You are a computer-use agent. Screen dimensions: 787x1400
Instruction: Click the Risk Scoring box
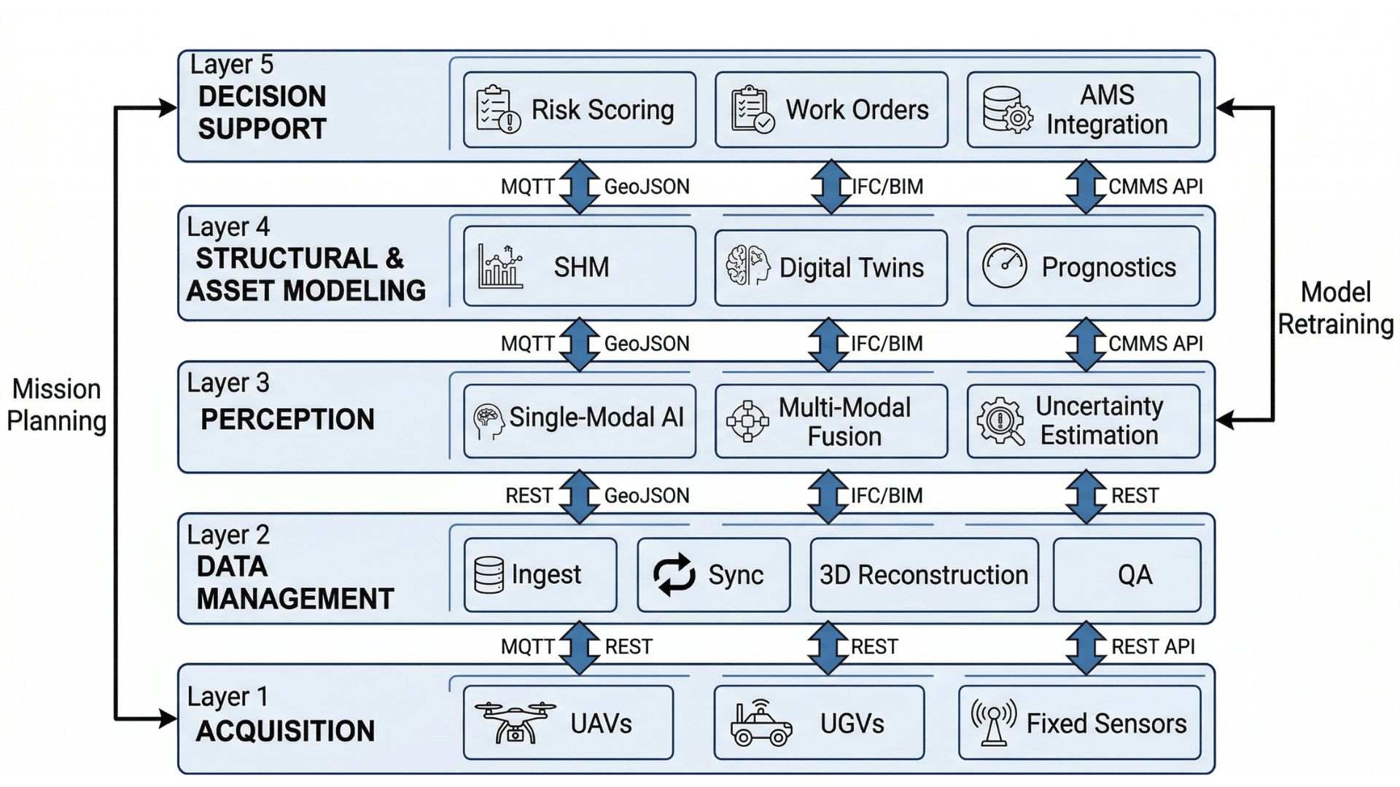pyautogui.click(x=580, y=110)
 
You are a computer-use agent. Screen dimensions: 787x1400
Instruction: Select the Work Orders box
pyautogui.click(x=831, y=110)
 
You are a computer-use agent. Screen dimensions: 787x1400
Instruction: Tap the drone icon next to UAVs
pyautogui.click(x=515, y=722)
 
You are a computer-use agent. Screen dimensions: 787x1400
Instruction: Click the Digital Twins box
pyautogui.click(x=831, y=267)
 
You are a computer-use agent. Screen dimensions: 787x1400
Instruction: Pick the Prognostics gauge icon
pyautogui.click(x=1004, y=266)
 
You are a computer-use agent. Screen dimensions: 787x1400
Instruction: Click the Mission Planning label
pyautogui.click(x=56, y=405)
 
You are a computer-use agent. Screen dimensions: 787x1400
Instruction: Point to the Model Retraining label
pyautogui.click(x=1335, y=308)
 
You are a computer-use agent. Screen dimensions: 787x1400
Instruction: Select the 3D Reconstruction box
pyautogui.click(x=924, y=575)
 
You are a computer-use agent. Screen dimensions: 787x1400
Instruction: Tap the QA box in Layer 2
pyautogui.click(x=1127, y=575)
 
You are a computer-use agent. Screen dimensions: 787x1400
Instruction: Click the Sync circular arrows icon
pyautogui.click(x=674, y=574)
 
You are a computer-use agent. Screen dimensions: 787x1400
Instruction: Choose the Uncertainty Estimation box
pyautogui.click(x=1083, y=420)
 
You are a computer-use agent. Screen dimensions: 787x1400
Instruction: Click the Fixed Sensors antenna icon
pyautogui.click(x=994, y=722)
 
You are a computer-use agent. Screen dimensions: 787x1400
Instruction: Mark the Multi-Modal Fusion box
pyautogui.click(x=831, y=421)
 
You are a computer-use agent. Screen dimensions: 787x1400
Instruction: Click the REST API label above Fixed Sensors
pyautogui.click(x=1152, y=646)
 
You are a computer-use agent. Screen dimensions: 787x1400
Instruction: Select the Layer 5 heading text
pyautogui.click(x=232, y=65)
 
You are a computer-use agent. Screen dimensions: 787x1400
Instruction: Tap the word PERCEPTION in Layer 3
pyautogui.click(x=287, y=420)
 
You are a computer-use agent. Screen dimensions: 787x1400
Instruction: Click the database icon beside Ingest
pyautogui.click(x=489, y=575)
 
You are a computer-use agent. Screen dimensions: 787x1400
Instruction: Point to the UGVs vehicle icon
pyautogui.click(x=761, y=724)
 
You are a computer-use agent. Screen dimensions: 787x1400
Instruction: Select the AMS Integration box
pyautogui.click(x=1083, y=110)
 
